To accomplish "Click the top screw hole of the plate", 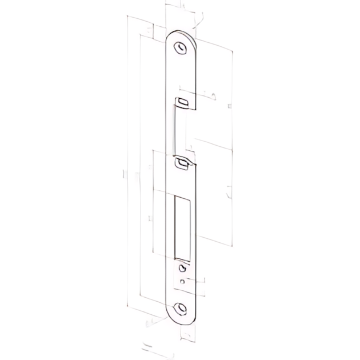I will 182,47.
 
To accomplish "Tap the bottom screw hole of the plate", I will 182,309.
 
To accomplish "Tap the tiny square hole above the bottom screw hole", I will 182,281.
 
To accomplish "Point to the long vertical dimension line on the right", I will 232,149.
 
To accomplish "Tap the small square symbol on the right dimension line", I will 229,106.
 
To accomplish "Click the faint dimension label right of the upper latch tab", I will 212,95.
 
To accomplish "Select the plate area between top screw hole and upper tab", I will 183,74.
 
